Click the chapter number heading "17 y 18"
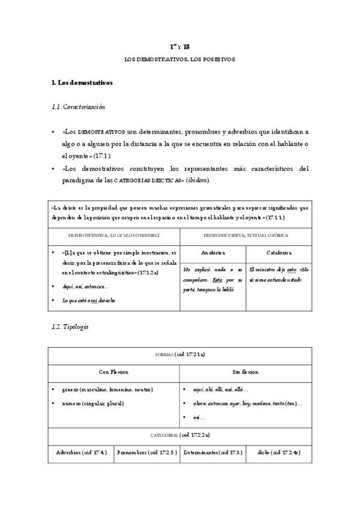pos(180,46)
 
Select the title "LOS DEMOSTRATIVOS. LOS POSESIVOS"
pos(180,60)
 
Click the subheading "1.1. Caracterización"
pos(79,106)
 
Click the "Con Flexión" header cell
pos(114,372)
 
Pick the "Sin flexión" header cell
pos(245,372)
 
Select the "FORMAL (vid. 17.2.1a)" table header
pos(180,355)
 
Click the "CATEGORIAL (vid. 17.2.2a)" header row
pos(180,434)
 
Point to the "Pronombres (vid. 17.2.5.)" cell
pos(147,452)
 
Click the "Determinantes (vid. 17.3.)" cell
pos(213,452)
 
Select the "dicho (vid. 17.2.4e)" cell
pos(278,452)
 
